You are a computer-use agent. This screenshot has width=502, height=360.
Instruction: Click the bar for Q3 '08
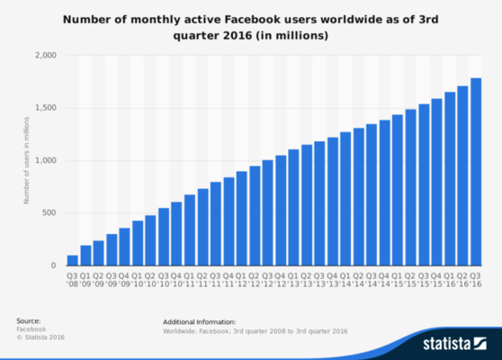[x=72, y=260]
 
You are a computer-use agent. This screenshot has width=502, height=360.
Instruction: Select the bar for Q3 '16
[x=474, y=172]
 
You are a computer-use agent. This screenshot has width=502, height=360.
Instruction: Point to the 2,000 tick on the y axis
[x=46, y=56]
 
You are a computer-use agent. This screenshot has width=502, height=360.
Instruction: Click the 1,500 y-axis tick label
[x=46, y=108]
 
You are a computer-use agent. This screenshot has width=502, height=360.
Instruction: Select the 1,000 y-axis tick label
[x=46, y=161]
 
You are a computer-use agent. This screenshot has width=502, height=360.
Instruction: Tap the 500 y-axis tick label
[x=50, y=213]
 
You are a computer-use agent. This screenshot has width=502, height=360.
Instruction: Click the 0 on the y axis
[x=55, y=265]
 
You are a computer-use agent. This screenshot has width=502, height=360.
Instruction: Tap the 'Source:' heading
[x=29, y=321]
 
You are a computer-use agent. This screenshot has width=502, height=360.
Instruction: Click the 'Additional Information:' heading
[x=199, y=321]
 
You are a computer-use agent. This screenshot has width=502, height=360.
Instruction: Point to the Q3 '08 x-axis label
[x=72, y=281]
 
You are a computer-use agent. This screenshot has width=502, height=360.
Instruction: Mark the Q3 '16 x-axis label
[x=474, y=281]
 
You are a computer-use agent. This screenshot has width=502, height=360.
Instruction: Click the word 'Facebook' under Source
[x=31, y=330]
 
